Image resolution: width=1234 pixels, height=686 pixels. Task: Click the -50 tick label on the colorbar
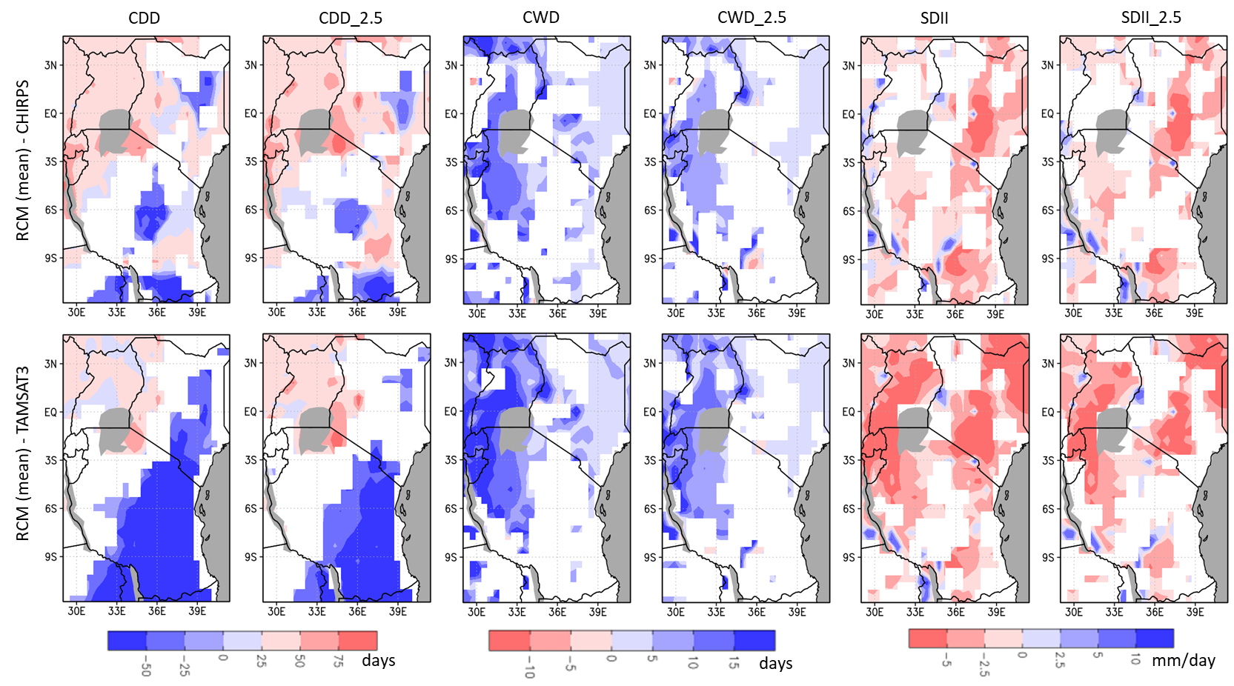[145, 665]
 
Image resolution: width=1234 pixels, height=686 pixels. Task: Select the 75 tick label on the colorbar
[338, 662]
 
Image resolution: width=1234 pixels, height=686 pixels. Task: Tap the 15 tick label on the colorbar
[734, 662]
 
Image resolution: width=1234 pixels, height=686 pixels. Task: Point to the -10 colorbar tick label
[529, 666]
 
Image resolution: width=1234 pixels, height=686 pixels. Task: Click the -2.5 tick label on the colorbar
[983, 664]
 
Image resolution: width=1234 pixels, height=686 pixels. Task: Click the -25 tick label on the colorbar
[184, 665]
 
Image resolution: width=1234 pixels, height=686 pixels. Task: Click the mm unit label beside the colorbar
[1164, 660]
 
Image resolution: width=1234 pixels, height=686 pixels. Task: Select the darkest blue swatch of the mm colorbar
[1155, 638]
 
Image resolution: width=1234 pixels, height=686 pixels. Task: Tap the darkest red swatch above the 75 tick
[358, 640]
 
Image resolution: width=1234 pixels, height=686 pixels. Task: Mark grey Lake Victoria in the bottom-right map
[1112, 430]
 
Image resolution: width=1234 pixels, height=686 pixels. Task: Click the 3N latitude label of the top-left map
[50, 65]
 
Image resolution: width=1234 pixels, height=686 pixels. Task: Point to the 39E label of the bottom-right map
[1195, 612]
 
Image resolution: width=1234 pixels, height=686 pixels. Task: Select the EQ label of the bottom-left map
[50, 412]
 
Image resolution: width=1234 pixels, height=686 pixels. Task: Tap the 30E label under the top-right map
[1073, 313]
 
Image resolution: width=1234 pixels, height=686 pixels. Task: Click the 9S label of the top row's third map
[451, 259]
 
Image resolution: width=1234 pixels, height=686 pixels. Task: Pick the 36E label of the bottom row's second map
[357, 612]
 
